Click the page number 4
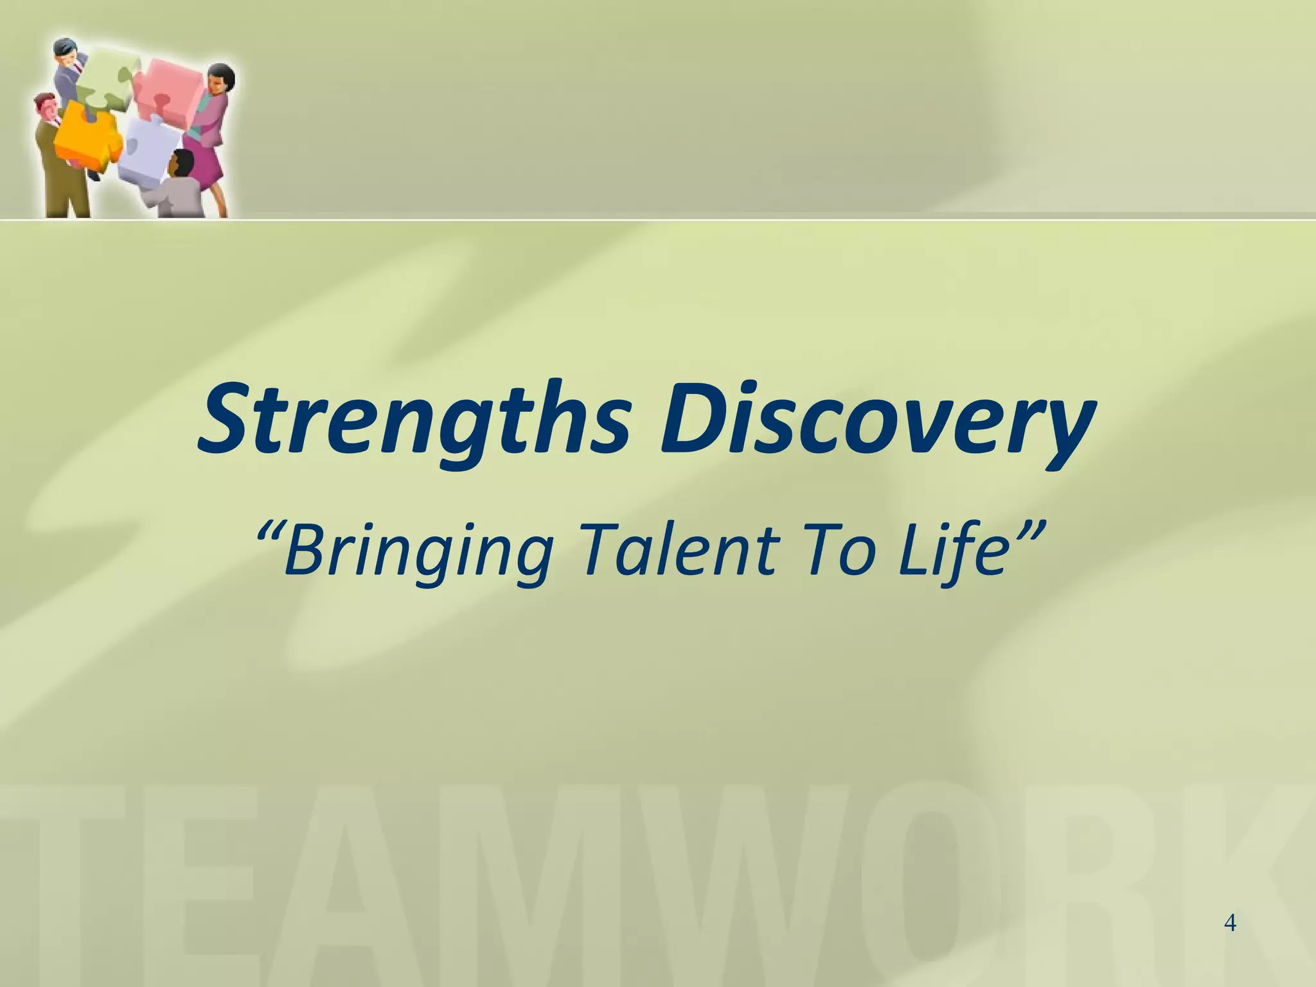(1230, 923)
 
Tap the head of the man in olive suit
(45, 107)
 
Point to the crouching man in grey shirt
(177, 190)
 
